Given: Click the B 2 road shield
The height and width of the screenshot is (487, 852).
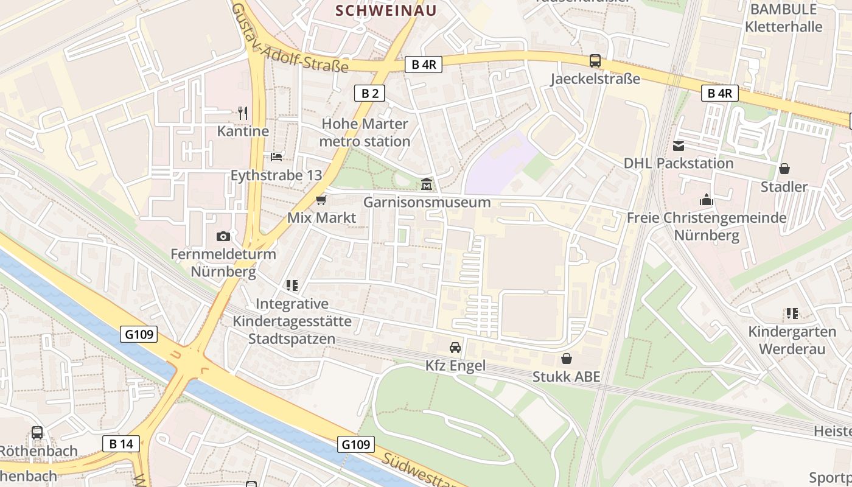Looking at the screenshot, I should [x=370, y=93].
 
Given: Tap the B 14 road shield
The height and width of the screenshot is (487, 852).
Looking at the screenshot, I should [x=121, y=444].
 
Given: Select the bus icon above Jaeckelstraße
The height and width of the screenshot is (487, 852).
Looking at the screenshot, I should [x=595, y=61].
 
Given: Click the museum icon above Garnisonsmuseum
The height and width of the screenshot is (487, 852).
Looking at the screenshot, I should [x=427, y=184].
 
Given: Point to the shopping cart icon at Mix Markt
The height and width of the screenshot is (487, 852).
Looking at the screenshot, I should [x=321, y=200].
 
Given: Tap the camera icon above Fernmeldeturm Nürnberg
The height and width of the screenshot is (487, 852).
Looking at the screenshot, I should [x=223, y=236].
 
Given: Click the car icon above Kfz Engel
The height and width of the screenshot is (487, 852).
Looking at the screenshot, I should [x=455, y=348].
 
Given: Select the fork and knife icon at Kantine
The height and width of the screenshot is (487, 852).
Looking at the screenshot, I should [x=243, y=113].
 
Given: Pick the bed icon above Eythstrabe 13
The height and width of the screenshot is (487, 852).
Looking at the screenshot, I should [x=276, y=157].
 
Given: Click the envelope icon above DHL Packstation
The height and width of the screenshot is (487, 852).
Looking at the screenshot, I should [x=679, y=145].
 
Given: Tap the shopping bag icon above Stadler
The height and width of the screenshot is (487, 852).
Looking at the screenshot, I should [x=784, y=169].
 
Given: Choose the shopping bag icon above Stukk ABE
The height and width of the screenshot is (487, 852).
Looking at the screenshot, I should [x=567, y=359].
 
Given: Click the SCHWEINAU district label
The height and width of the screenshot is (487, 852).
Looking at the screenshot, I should [x=386, y=10].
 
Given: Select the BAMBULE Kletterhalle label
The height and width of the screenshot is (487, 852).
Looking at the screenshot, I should [x=783, y=18].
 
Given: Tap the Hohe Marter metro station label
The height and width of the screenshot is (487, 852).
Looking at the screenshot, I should [x=365, y=133].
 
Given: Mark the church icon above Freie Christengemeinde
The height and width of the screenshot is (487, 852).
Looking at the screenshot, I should [x=706, y=200].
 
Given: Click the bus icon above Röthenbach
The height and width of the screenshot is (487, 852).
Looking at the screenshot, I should [x=37, y=433].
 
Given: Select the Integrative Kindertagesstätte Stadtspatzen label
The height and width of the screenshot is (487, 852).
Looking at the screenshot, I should [x=292, y=321].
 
